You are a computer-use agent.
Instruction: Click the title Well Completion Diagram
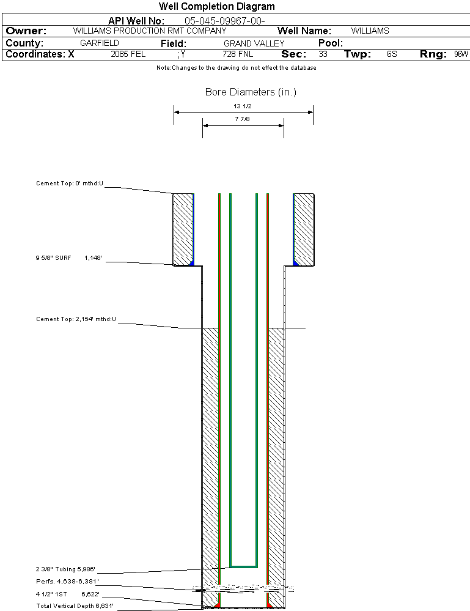tap(216, 7)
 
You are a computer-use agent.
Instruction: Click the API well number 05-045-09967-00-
tap(224, 21)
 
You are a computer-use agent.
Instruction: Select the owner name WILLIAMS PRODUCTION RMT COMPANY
tap(149, 31)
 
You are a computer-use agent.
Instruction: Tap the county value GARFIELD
tap(100, 43)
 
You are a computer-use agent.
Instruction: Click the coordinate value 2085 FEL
tap(128, 54)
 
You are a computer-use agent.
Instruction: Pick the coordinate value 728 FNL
tap(238, 54)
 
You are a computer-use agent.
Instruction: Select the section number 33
tap(323, 54)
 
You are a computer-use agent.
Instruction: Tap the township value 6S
tap(392, 54)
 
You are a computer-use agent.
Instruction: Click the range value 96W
tap(461, 54)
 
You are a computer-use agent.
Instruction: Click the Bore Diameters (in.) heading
tap(251, 92)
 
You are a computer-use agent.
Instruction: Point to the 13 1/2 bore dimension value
tap(243, 106)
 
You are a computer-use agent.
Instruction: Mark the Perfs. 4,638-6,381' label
tap(67, 581)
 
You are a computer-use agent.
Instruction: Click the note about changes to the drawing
tap(236, 68)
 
